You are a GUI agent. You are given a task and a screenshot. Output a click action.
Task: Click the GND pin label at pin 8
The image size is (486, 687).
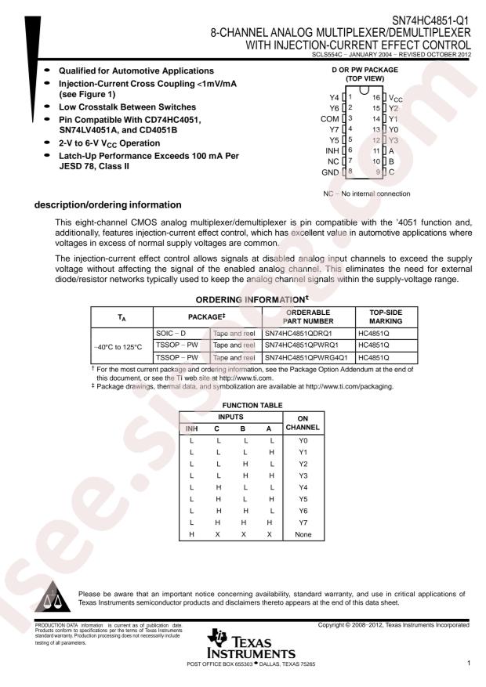tap(330, 172)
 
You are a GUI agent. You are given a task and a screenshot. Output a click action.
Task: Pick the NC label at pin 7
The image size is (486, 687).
tap(333, 161)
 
